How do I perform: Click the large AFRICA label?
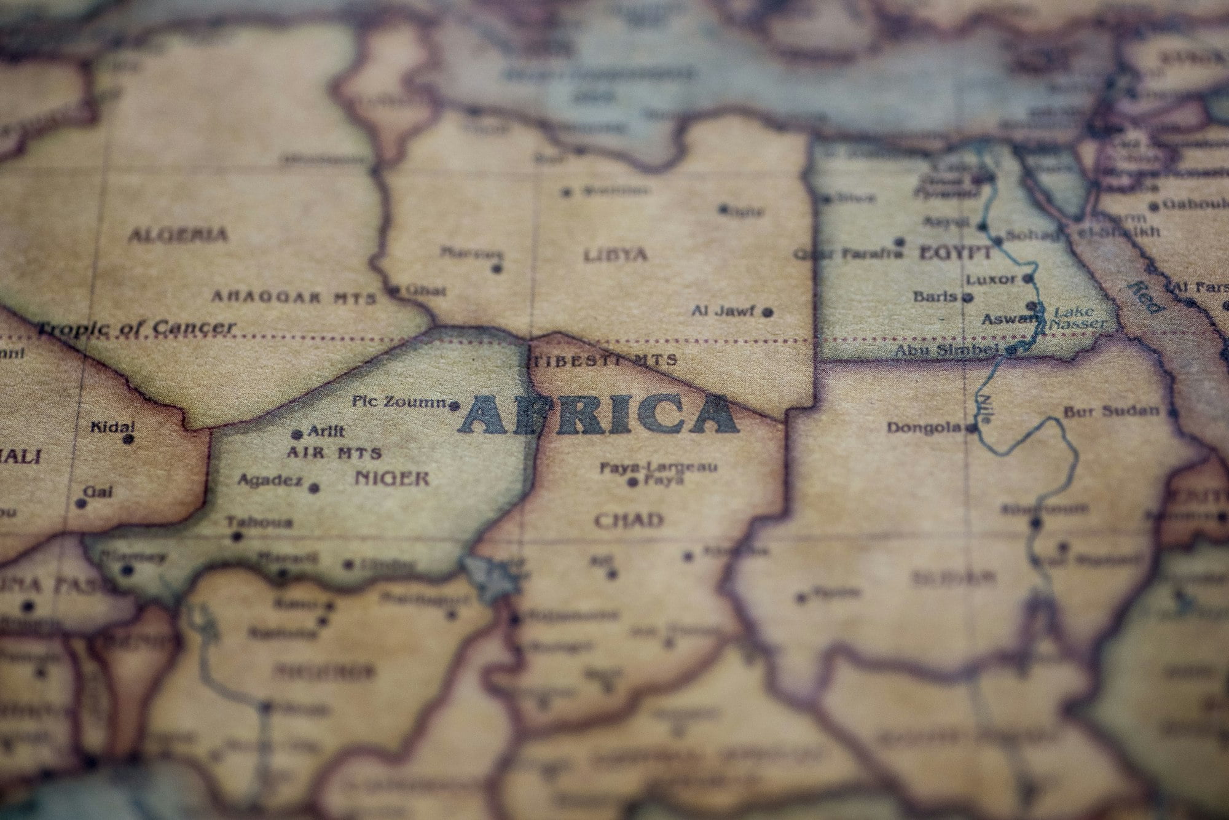click(599, 414)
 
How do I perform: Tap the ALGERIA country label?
click(178, 234)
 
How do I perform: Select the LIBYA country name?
click(615, 254)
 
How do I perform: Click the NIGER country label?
click(391, 478)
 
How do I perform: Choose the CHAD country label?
click(629, 521)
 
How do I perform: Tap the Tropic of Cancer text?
click(136, 328)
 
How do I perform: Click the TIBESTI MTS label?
click(604, 360)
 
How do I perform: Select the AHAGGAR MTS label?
click(293, 298)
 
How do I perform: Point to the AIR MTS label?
click(334, 453)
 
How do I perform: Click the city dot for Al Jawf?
click(768, 312)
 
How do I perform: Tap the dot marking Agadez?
click(314, 488)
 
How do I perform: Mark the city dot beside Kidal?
click(128, 439)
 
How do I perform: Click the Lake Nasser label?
click(1075, 318)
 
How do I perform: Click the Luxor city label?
click(991, 279)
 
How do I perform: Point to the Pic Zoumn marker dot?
click(454, 405)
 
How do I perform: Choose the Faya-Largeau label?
click(658, 468)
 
